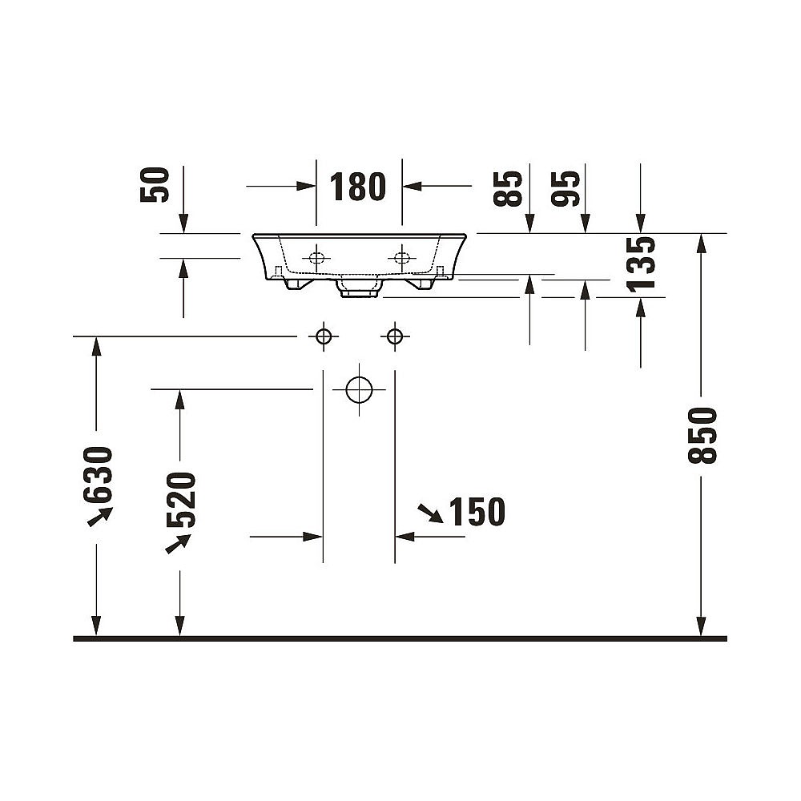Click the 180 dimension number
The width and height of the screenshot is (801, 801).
coord(357,187)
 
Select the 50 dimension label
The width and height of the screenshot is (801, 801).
coord(155,185)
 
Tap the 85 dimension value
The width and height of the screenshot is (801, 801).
coord(508,188)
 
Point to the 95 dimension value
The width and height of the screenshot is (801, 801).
coord(566,188)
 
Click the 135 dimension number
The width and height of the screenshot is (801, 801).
coord(641,264)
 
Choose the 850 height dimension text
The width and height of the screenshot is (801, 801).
coord(702,435)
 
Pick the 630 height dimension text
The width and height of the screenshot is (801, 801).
coord(98,475)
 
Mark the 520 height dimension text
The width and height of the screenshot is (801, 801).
coord(181,500)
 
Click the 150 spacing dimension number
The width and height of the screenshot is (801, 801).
coord(477,511)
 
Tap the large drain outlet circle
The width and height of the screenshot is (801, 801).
coord(359,390)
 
